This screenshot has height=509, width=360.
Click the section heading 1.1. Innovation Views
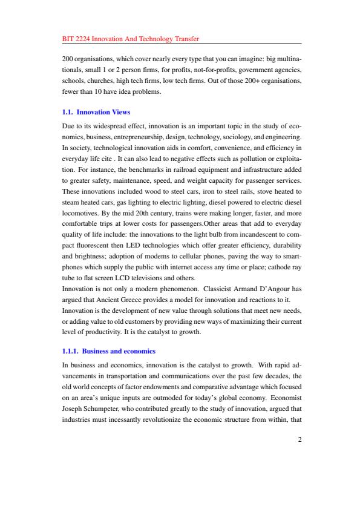pyautogui.click(x=96, y=112)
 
